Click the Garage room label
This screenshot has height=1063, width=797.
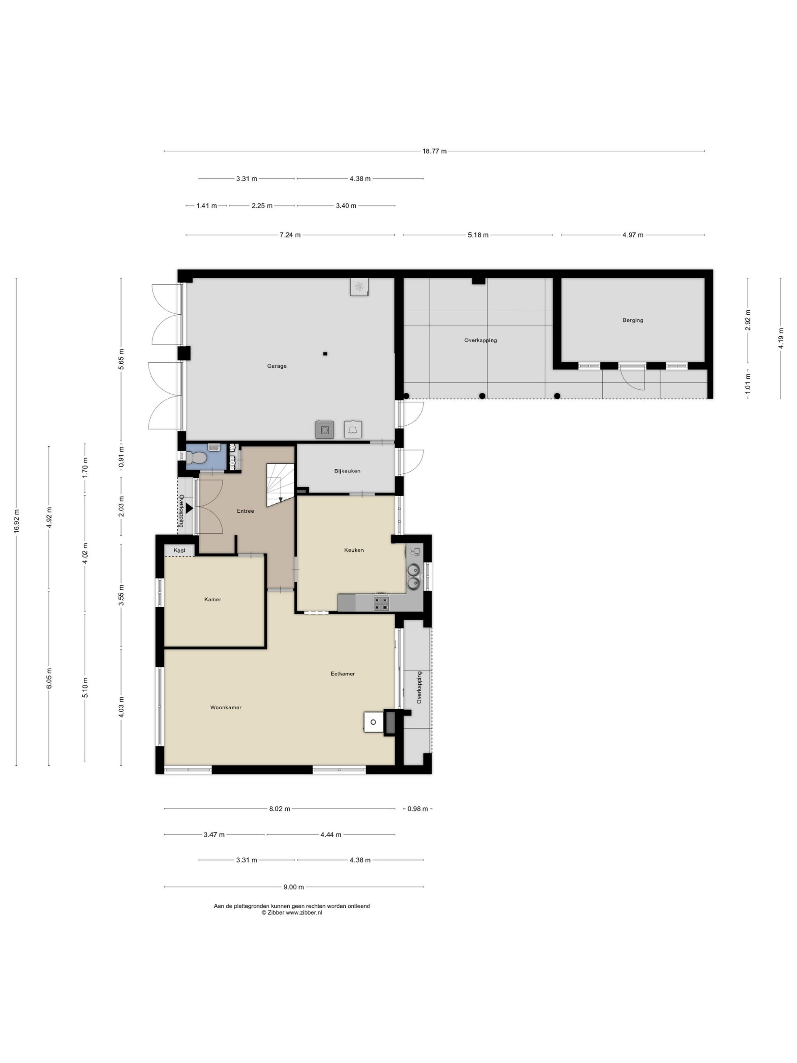[277, 366]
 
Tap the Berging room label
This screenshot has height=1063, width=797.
[633, 320]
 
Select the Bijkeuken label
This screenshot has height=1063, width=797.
[347, 471]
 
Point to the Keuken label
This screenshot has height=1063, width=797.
[354, 550]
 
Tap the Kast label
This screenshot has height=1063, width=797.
[180, 550]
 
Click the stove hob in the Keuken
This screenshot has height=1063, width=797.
[381, 603]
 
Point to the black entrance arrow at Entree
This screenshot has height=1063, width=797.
[190, 507]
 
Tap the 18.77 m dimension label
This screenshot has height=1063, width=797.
[434, 151]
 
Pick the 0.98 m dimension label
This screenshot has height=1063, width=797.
[418, 809]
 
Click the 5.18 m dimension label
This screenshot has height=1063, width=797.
[478, 235]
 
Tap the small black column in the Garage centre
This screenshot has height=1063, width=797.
[325, 354]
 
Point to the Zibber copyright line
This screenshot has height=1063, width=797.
[291, 913]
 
